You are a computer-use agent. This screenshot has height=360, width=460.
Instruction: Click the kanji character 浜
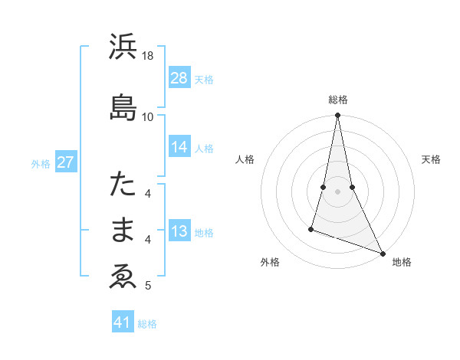coord(123,48)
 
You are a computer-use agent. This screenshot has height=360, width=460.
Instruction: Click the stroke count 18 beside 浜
coord(148,57)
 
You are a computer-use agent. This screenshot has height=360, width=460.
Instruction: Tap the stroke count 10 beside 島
coord(148,116)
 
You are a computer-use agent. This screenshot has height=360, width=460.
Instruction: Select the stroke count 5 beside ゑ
coord(148,286)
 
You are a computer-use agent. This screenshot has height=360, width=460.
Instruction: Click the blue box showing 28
coord(179,77)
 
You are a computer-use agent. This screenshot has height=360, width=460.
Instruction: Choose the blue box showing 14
coord(179,147)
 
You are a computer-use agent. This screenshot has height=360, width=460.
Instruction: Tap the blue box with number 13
coord(179,231)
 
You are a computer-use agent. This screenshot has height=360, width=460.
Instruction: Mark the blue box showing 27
coord(66,162)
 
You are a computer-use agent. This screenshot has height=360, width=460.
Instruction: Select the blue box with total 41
coord(123,322)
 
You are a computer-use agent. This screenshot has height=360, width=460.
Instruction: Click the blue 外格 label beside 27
coord(41,163)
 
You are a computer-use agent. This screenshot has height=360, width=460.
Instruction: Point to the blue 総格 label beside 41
coord(147,324)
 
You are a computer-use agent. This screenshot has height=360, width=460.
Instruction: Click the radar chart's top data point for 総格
coord(337,116)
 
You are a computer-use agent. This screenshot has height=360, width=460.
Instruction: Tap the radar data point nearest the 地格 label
coord(382,254)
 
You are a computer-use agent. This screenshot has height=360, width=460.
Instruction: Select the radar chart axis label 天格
coord(431,159)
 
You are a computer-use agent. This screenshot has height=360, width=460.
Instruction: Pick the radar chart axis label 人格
coord(245,159)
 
